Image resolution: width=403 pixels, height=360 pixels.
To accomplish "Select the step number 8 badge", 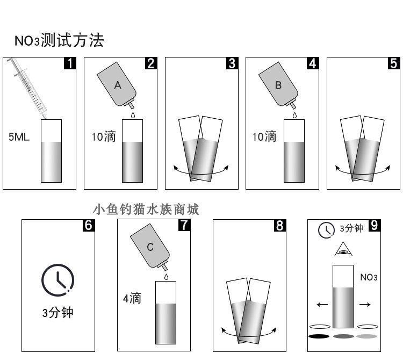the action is click(x=279, y=226).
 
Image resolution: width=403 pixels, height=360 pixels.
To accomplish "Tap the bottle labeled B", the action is click(x=279, y=86).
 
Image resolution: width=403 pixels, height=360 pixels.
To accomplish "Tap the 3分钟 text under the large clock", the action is click(x=57, y=313).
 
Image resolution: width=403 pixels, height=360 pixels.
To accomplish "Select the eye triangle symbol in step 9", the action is click(x=343, y=249).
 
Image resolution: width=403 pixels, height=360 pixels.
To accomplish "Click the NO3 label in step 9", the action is click(x=369, y=278).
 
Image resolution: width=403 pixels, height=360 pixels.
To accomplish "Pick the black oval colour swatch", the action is click(x=319, y=336).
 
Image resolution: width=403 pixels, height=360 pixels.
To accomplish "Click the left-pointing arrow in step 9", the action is click(x=322, y=305).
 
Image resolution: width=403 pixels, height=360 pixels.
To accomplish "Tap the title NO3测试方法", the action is click(x=59, y=40).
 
